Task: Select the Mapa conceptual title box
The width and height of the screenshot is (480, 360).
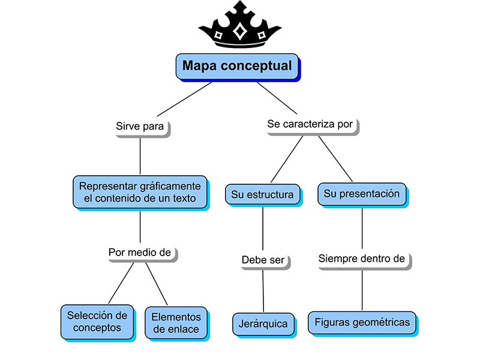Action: pos(238,66)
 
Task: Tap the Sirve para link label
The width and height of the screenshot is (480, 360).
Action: pos(140,127)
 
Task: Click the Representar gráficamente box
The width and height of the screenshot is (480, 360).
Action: pos(140,191)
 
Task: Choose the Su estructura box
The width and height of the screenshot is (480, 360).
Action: pos(262,194)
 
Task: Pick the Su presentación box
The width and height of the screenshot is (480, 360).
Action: pos(361,194)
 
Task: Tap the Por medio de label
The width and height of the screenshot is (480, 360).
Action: pos(140,252)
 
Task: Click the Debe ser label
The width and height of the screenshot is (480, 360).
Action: pos(263,260)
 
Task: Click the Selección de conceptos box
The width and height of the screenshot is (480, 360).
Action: pos(97,321)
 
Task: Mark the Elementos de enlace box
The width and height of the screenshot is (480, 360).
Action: pos(176,322)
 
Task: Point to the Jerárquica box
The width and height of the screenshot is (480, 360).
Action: pos(263,324)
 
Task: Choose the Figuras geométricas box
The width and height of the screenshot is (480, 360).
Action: pos(362,322)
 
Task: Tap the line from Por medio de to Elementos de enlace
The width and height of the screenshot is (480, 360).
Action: pos(157,284)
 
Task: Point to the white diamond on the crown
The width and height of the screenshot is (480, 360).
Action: pos(239,31)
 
